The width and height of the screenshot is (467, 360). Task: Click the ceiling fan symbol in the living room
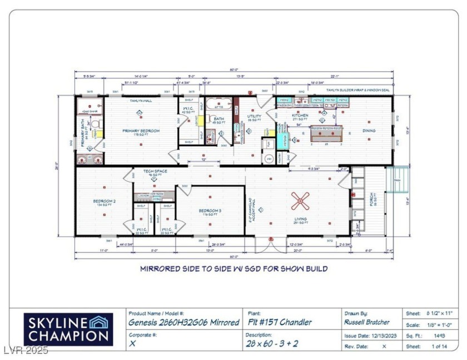(x=301, y=201)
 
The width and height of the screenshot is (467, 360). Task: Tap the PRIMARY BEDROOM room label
(x=141, y=131)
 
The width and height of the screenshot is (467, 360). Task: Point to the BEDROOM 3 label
(x=210, y=211)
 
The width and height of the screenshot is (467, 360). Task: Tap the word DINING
(x=369, y=131)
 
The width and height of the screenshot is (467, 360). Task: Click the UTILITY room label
(x=255, y=117)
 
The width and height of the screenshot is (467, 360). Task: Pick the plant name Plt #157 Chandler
(x=279, y=322)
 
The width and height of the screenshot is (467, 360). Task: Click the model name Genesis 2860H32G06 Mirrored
(x=183, y=322)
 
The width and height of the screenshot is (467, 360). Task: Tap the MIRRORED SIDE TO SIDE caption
(x=233, y=269)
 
